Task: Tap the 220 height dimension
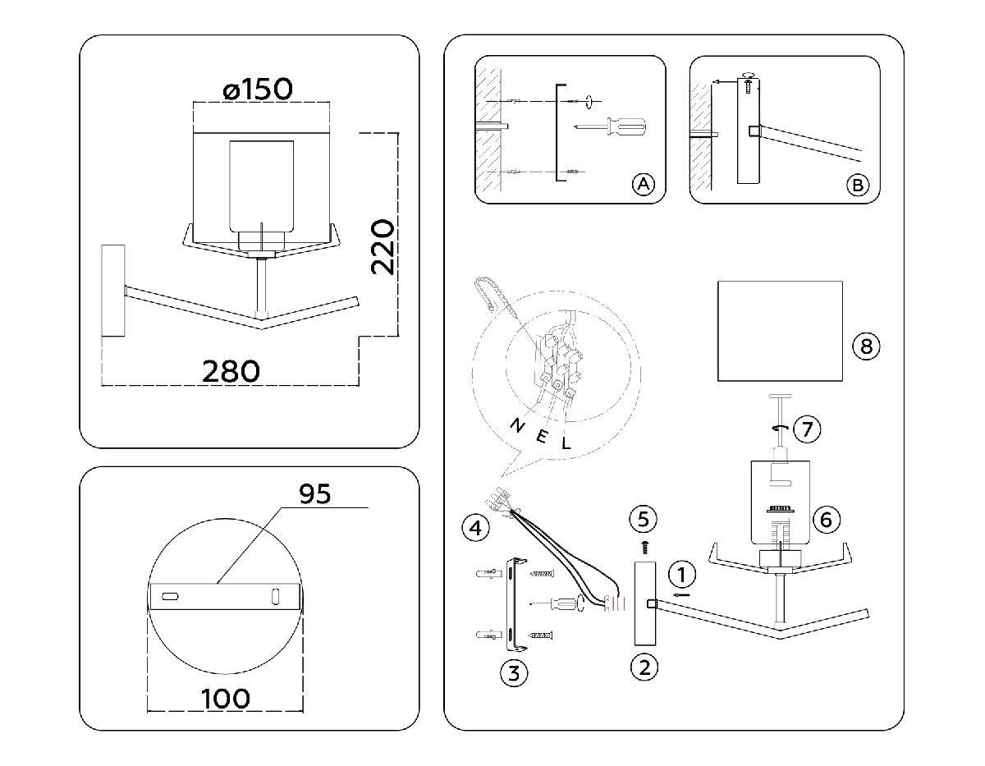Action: click(383, 246)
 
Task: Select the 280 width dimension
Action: click(231, 370)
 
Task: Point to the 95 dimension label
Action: click(314, 493)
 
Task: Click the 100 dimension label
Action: click(225, 699)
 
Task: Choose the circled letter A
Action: click(643, 185)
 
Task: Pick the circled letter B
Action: click(857, 186)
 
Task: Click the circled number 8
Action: click(866, 346)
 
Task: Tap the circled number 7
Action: click(808, 428)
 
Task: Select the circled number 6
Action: click(826, 519)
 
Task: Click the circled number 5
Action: click(644, 518)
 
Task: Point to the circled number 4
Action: click(472, 527)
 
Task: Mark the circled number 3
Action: click(513, 674)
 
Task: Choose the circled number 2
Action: click(644, 667)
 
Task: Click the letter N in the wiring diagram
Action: click(517, 424)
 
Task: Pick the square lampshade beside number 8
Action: click(781, 331)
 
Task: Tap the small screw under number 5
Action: click(644, 545)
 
